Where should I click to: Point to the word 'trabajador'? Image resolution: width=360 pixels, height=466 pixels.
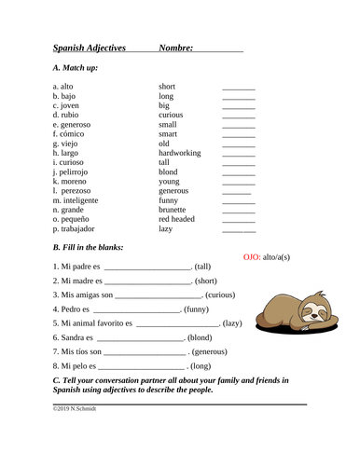78,228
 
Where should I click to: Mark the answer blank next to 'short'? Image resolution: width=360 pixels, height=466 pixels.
238,87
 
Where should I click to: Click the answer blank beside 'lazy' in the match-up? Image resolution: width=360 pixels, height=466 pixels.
238,228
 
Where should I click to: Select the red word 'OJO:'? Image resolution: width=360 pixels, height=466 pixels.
251,255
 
